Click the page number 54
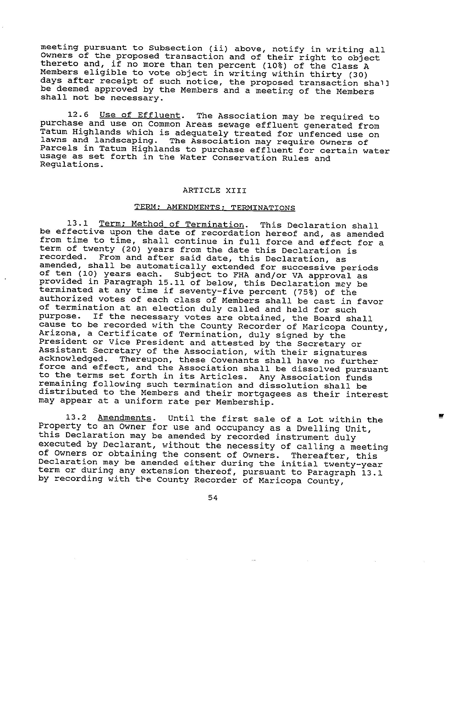[213, 497]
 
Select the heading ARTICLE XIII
[214, 191]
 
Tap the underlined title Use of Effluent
[140, 115]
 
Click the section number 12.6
[78, 115]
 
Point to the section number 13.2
[76, 418]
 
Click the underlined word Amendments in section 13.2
[124, 418]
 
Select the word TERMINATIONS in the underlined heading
[263, 208]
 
